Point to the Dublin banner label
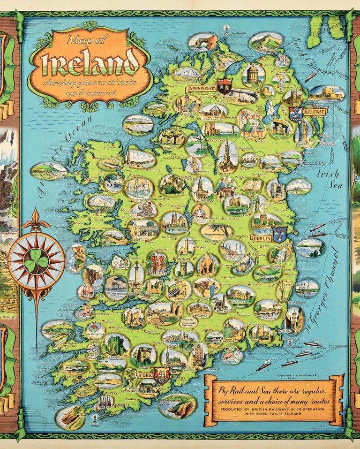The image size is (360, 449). pos(261,238)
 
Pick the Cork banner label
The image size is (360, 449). pos(143,375)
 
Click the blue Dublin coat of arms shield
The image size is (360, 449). pos(280,233)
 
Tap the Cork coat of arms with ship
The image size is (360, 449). pos(161,375)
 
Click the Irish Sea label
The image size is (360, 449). pos(328,179)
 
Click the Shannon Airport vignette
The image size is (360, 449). pos(116,287)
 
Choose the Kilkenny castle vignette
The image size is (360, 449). pos(240,295)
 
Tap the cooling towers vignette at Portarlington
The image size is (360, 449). pos(232,249)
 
